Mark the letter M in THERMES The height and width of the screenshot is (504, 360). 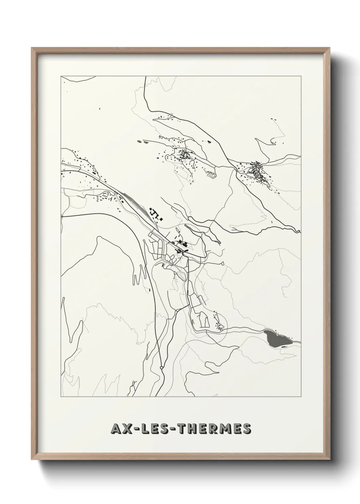(227, 429)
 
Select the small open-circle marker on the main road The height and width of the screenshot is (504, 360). (161, 368)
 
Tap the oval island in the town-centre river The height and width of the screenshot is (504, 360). (180, 272)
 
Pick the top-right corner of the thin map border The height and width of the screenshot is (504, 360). (301, 76)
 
